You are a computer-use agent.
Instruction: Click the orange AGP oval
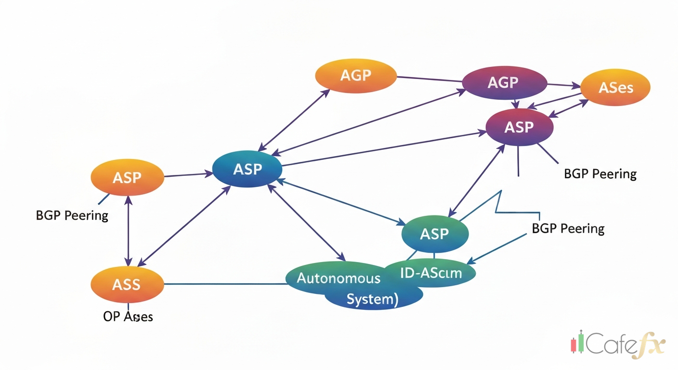click(356, 76)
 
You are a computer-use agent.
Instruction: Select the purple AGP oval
click(504, 82)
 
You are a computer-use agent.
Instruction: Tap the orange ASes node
click(615, 88)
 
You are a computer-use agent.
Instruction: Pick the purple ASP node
click(520, 127)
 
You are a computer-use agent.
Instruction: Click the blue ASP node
click(248, 169)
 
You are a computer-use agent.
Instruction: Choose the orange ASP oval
click(127, 177)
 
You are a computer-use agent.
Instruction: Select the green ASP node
click(434, 234)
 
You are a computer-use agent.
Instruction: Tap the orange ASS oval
click(127, 284)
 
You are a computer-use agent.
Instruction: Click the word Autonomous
click(338, 278)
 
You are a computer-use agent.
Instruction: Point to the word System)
click(372, 299)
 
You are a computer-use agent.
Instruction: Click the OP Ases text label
click(128, 317)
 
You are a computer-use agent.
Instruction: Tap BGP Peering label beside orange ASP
click(72, 215)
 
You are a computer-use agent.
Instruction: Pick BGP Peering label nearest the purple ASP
click(600, 173)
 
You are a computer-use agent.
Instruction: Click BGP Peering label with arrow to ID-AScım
click(568, 228)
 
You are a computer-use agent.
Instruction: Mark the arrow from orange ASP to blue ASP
click(188, 174)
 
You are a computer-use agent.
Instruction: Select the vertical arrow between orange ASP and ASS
click(128, 230)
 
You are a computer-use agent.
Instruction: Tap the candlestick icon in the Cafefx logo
click(577, 342)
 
